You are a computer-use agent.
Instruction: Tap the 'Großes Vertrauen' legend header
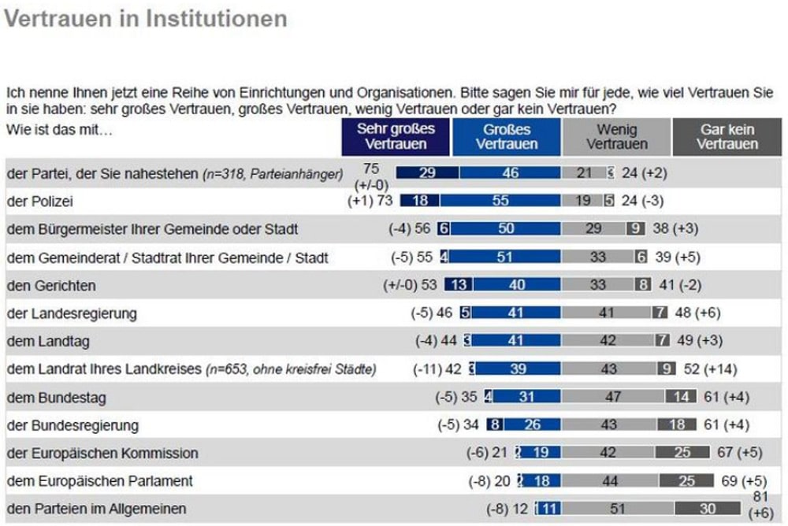pos(507,136)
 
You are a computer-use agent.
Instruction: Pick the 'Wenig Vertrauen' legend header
pos(617,136)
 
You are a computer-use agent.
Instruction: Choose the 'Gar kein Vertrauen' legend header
pos(727,136)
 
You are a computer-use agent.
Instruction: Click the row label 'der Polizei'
pos(39,202)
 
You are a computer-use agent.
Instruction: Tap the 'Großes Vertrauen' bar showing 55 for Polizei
pos(500,202)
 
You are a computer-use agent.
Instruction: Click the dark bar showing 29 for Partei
pos(427,173)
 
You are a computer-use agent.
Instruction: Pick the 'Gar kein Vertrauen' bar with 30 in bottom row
pos(708,509)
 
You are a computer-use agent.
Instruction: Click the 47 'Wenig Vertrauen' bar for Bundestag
pos(612,398)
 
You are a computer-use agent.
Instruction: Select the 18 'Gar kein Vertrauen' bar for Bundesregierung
pos(677,425)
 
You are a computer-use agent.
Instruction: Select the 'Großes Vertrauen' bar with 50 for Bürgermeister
pos(505,229)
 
